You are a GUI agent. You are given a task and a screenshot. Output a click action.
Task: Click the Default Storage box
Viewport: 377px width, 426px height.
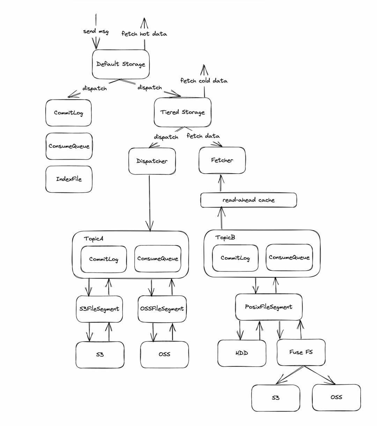121,64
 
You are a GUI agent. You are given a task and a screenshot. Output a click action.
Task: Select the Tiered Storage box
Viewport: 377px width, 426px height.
183,112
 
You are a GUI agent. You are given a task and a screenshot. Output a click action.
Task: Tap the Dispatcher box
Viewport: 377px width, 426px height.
152,161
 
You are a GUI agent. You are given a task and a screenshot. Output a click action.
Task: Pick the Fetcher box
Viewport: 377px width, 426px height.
222,160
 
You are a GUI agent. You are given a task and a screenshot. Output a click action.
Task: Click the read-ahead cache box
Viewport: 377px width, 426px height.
249,200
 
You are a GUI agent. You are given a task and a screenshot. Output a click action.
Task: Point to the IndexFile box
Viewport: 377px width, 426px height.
69,179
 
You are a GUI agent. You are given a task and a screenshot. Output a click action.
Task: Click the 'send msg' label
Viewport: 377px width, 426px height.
96,31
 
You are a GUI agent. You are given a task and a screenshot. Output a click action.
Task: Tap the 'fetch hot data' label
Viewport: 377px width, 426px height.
144,34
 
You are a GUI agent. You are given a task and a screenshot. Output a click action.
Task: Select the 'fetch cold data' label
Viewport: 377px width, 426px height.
204,81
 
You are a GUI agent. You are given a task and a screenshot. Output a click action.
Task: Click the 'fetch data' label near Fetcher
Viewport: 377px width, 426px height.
203,136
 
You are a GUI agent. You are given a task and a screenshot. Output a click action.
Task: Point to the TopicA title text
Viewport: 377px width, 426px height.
94,239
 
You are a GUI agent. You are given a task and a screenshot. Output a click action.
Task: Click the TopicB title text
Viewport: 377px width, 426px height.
225,237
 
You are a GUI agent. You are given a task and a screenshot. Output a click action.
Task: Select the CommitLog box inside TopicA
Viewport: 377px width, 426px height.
104,259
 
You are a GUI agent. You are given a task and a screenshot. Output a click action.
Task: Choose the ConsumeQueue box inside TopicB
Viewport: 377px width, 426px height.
289,257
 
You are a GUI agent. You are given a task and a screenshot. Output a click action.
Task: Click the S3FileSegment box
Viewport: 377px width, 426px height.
99,309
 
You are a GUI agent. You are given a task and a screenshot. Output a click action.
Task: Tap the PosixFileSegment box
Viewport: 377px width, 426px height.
268,307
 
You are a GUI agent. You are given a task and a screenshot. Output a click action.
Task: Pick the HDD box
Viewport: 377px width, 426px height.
242,353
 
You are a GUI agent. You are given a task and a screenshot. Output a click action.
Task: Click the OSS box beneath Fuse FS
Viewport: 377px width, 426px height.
336,397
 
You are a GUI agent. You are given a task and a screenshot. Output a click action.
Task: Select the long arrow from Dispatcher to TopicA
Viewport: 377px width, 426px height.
150,203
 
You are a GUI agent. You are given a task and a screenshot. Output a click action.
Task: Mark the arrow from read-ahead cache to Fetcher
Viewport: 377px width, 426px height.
220,183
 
